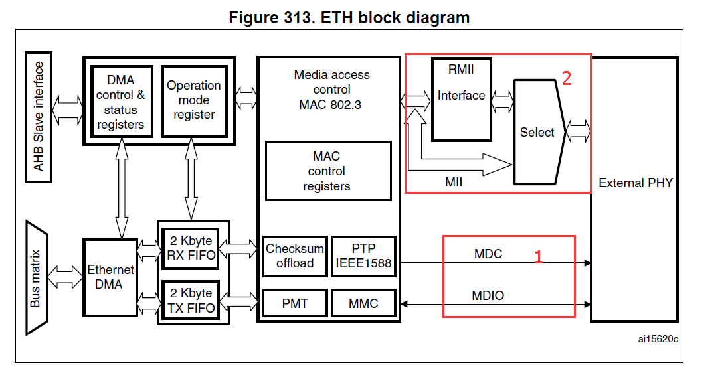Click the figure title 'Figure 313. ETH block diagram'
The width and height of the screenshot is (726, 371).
point(349,18)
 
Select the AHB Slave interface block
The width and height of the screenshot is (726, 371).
point(39,116)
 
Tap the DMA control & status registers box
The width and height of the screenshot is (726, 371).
point(121,101)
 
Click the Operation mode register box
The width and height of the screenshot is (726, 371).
point(193,101)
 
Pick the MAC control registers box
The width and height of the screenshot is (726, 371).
point(328,171)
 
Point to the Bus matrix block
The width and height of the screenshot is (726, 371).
point(37,278)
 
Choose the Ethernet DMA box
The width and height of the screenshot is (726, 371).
point(110,277)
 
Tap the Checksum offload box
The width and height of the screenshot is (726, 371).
point(295,256)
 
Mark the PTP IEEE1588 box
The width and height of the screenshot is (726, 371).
point(363,256)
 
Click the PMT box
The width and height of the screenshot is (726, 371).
point(295,303)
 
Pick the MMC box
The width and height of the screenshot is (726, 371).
point(363,303)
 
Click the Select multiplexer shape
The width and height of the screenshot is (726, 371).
point(537,132)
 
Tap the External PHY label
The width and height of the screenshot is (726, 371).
point(635,183)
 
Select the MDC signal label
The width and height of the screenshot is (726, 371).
point(488,254)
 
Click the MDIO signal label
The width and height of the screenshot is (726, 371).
point(488,295)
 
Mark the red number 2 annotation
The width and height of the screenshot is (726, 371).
point(567,78)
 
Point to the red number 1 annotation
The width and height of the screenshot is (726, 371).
point(539,256)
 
